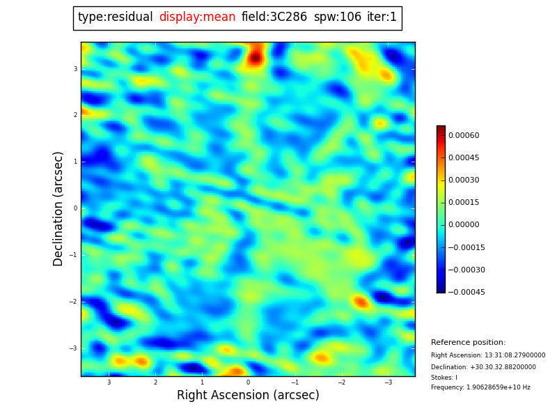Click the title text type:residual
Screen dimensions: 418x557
[115, 17]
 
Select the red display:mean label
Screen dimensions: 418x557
[197, 17]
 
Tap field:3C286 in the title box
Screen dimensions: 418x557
[274, 17]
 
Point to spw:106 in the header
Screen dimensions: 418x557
[337, 17]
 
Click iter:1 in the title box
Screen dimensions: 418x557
[382, 17]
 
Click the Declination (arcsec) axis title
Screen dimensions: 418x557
[58, 208]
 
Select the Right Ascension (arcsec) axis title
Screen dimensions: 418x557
[248, 395]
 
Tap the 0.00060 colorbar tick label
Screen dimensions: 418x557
[463, 135]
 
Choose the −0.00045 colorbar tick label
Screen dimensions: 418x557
[466, 292]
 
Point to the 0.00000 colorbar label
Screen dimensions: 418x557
[463, 225]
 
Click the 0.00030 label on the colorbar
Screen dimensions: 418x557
[463, 180]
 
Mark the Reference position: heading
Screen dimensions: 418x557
[468, 343]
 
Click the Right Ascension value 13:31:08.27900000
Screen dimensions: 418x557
[487, 355]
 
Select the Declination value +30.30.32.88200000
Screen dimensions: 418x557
[483, 367]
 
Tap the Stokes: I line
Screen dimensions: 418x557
[444, 378]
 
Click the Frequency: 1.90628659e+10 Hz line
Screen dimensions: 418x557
[480, 387]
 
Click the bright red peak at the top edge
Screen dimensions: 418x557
[255, 56]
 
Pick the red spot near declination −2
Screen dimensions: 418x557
[361, 302]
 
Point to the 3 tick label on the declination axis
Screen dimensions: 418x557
[75, 69]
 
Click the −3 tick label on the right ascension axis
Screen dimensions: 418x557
[388, 382]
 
